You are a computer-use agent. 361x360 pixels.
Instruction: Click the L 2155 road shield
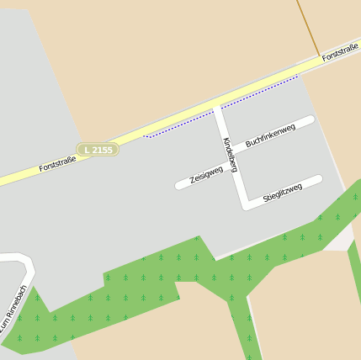98,150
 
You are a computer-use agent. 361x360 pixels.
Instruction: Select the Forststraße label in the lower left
57,163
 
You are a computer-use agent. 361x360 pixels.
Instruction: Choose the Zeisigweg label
206,174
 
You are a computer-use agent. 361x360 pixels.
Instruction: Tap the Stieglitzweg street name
283,192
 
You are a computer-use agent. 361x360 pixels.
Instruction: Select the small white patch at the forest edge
340,240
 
